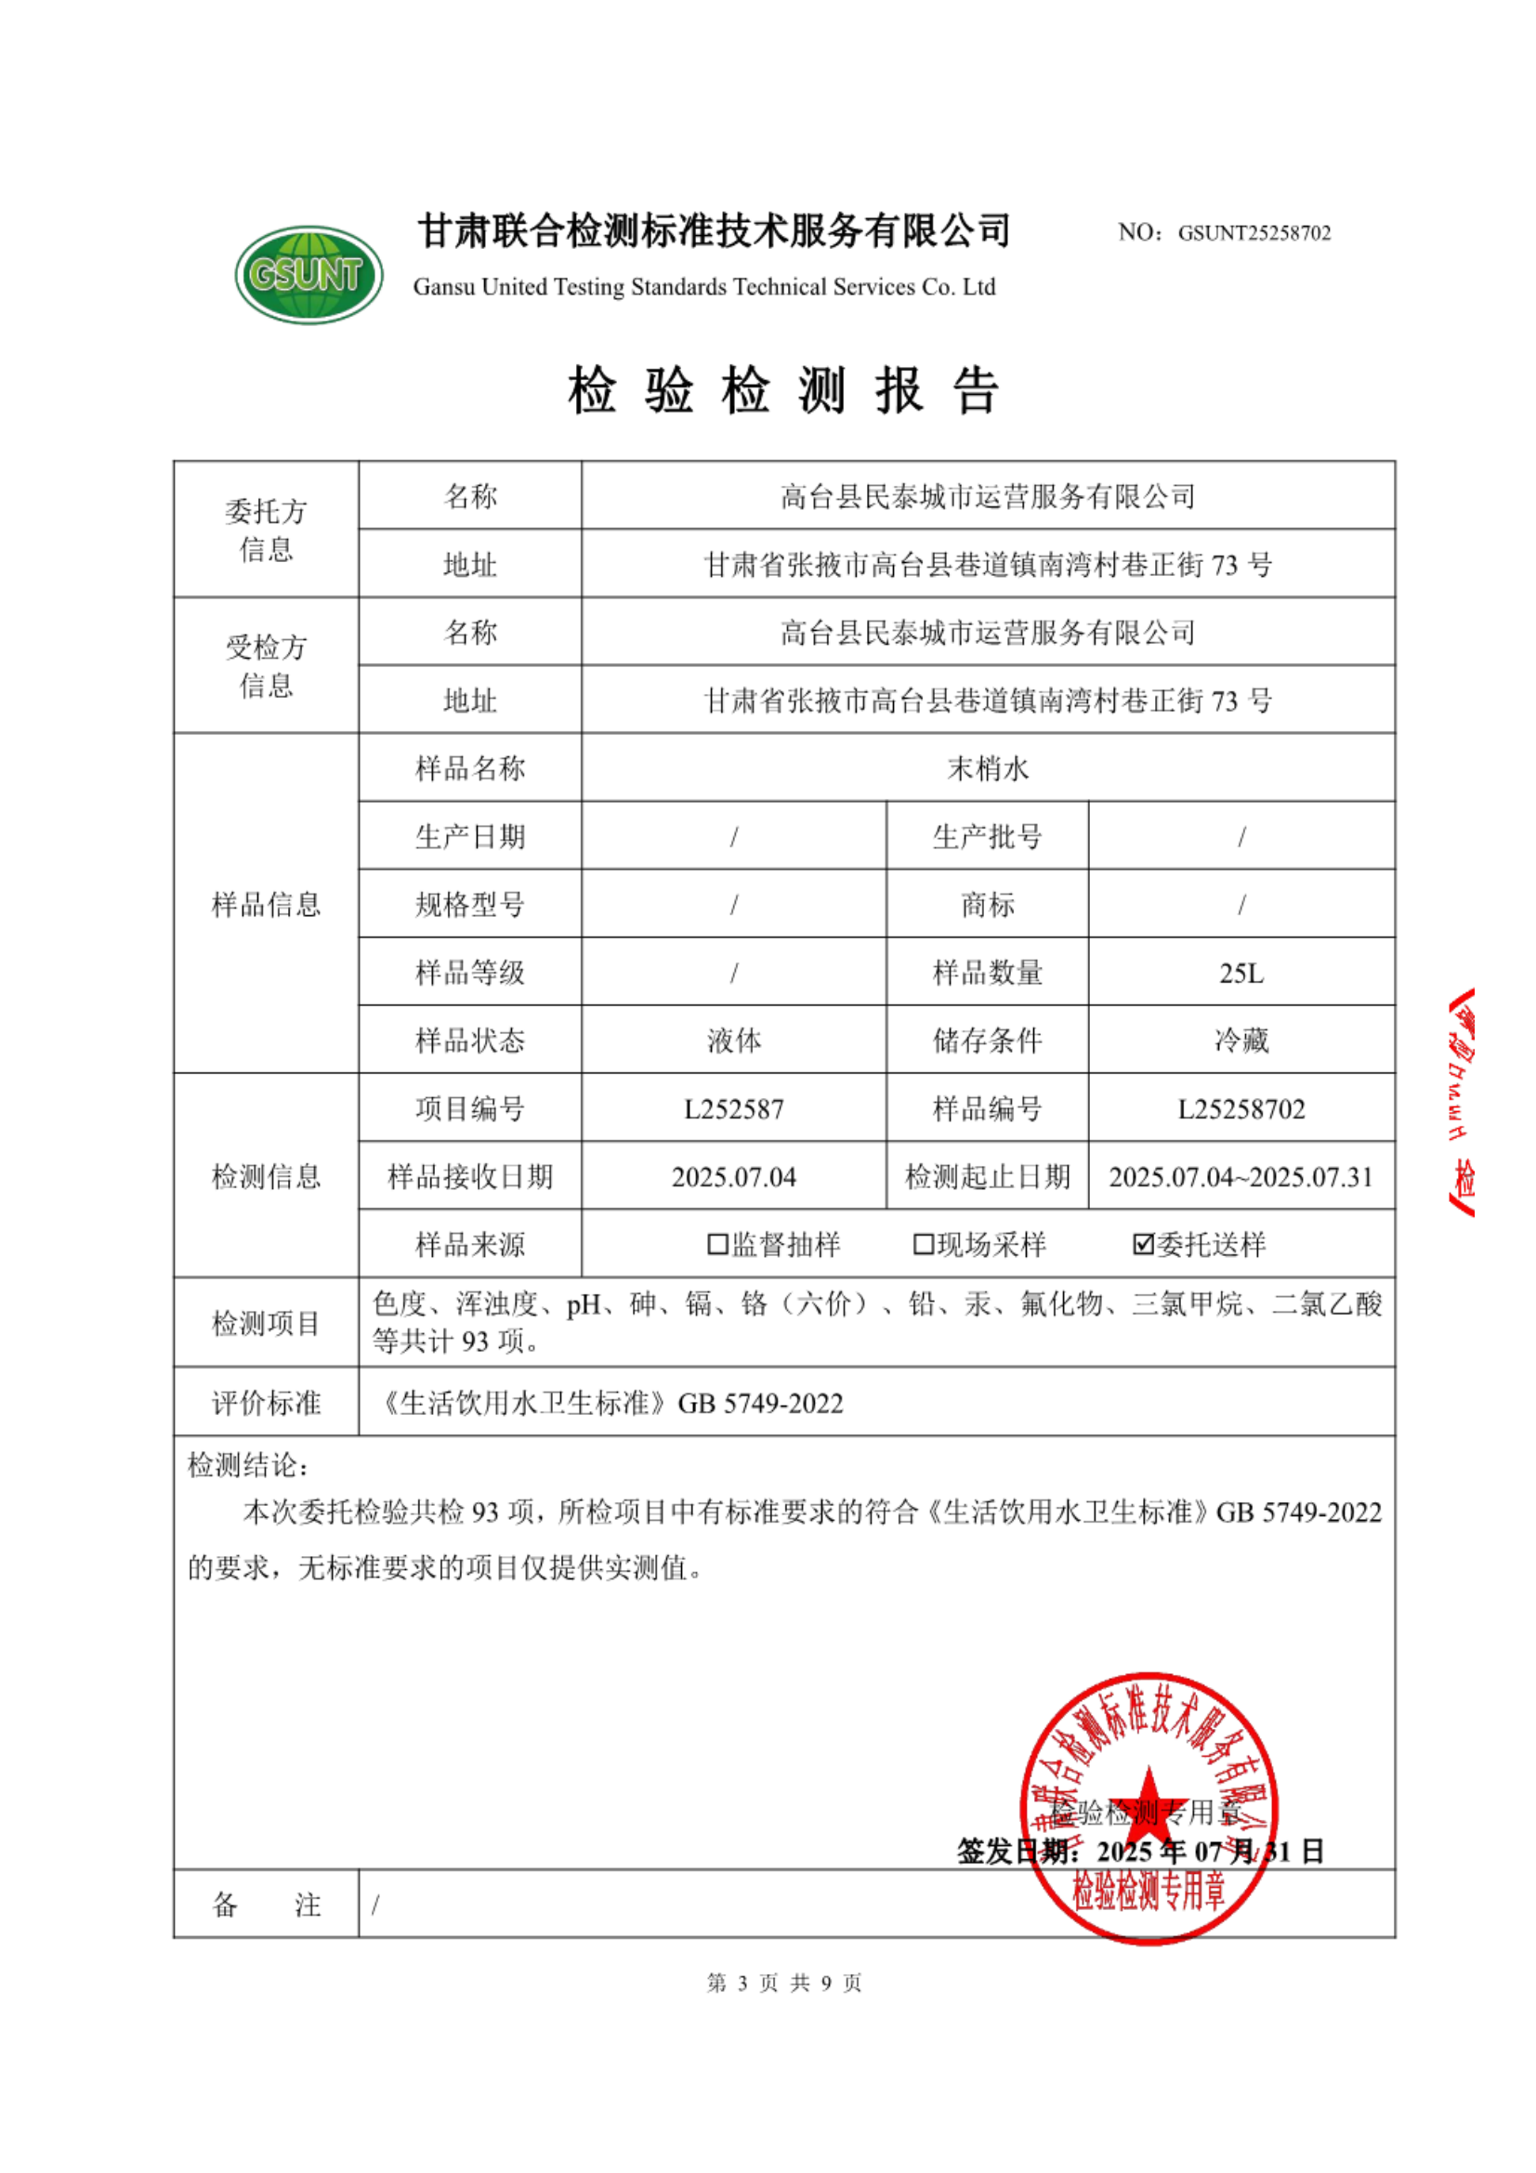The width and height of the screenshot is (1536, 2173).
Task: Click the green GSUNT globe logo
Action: [309, 273]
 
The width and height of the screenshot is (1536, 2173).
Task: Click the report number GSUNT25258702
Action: [1253, 233]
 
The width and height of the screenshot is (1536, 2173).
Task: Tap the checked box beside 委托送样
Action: [1142, 1244]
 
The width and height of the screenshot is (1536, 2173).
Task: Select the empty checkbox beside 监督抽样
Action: [717, 1244]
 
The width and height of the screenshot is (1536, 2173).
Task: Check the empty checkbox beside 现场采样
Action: [923, 1244]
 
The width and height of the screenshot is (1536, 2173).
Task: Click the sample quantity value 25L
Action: [1241, 973]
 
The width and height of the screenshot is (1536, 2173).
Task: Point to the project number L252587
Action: [733, 1108]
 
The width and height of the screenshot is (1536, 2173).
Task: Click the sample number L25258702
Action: [1241, 1108]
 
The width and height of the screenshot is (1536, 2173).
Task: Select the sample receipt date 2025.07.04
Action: [733, 1176]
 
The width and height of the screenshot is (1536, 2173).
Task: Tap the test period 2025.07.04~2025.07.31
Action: [1241, 1176]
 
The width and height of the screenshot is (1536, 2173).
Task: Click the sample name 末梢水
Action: [987, 767]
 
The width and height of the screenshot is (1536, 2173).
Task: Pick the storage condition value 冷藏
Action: [1241, 1041]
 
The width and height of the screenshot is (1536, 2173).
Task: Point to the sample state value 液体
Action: [733, 1041]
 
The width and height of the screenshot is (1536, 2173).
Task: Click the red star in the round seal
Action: [1148, 1796]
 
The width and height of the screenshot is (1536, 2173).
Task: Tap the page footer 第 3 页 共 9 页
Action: [783, 1983]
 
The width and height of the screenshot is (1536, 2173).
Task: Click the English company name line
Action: [704, 287]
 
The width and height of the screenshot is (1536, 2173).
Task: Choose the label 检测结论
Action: [247, 1466]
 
